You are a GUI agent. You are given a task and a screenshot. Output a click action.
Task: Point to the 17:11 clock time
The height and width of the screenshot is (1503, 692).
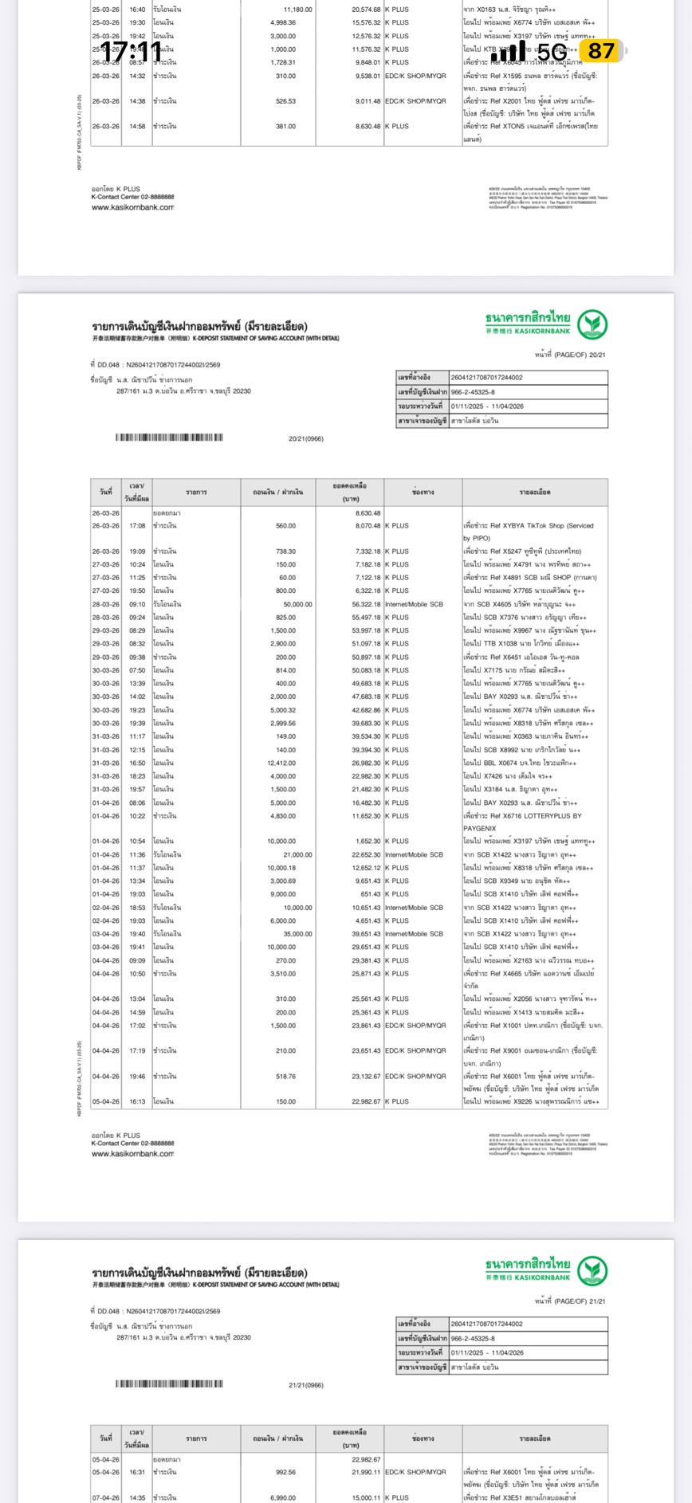coord(131,53)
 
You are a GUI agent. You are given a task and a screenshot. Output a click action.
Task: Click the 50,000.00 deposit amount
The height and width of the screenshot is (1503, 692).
coord(297,605)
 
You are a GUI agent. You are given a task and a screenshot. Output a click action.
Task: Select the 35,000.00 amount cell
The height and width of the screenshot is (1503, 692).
coord(297,934)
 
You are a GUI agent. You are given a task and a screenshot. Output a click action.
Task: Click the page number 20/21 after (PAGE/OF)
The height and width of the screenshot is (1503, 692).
coord(596,355)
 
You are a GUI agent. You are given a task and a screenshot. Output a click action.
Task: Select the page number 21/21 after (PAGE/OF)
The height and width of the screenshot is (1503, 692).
coord(596,1301)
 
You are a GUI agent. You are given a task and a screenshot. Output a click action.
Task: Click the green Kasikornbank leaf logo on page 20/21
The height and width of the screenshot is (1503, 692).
coord(592,325)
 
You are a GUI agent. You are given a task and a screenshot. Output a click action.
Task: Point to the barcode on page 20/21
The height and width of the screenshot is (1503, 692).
coord(169,438)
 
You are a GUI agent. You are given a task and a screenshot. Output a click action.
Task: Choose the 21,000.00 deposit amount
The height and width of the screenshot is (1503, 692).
coord(297,855)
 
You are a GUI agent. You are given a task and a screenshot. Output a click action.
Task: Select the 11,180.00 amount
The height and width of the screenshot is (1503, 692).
coord(297,10)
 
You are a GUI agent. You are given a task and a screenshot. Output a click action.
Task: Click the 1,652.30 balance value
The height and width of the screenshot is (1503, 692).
coord(366,842)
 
